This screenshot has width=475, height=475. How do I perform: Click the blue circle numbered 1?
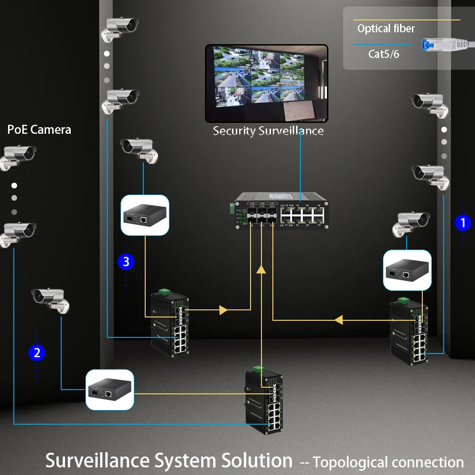pos(463,223)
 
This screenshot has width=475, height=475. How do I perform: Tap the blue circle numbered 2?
pos(37,353)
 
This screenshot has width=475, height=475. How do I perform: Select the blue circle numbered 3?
pos(126,261)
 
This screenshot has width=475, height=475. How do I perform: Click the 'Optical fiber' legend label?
pos(386,28)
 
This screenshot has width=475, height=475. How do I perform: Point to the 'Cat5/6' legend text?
pos(384,54)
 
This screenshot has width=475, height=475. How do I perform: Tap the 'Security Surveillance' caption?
pos(268,131)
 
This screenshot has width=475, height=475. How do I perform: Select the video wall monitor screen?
pos(266,83)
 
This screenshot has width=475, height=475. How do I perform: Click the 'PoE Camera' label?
pos(39,130)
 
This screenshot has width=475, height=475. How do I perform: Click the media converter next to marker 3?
pos(145,215)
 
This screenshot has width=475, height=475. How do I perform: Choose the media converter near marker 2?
pos(110,390)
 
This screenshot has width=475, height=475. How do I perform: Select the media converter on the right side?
pos(407,270)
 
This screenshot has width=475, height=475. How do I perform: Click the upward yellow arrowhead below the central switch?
pos(261,270)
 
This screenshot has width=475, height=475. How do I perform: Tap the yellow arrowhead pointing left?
pos(339,320)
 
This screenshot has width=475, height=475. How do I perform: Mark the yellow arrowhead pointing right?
pos(224,310)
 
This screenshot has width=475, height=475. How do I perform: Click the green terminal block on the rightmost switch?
pos(403,300)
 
